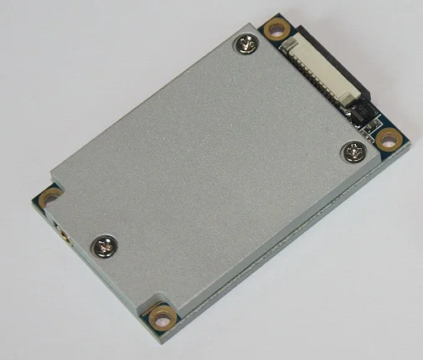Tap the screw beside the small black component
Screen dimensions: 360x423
pos(351,152)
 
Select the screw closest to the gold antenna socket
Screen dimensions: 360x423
pos(107,244)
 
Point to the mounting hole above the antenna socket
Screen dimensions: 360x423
pos(50,198)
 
